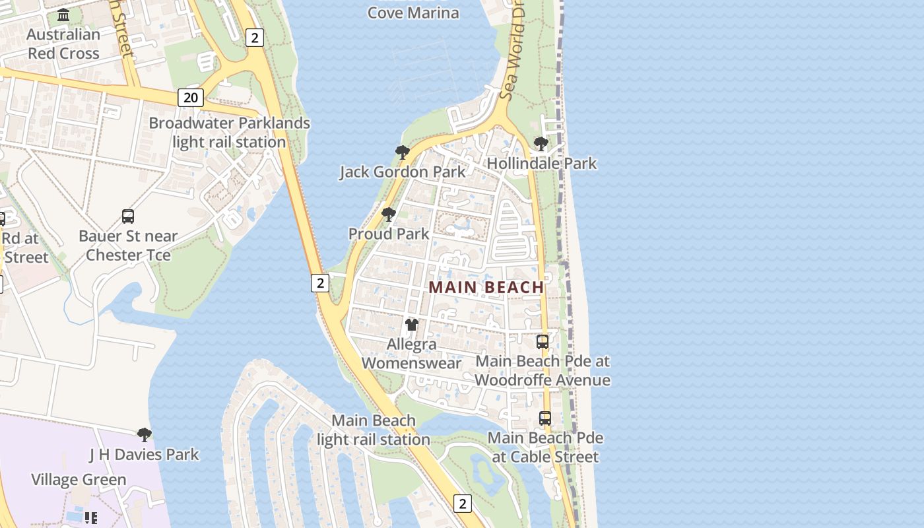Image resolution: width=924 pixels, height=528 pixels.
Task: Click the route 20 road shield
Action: coord(190,98)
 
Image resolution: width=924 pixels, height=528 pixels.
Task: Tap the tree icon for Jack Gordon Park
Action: coord(402,152)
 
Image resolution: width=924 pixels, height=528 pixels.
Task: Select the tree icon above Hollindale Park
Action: coord(541,143)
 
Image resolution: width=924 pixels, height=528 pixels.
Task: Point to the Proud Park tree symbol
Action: coord(389,214)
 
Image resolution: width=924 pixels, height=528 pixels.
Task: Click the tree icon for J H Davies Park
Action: coord(145,434)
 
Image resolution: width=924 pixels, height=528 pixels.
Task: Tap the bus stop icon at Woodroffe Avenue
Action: coord(543,342)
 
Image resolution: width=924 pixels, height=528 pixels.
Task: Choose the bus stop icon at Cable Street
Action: coord(545,418)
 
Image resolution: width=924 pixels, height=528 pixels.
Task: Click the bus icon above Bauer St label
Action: coord(128,216)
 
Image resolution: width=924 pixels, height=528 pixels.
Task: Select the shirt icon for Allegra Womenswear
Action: coord(412,324)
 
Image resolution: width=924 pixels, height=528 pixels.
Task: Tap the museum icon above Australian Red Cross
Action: coord(63,15)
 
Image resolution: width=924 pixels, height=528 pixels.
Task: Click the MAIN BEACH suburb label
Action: coord(486,287)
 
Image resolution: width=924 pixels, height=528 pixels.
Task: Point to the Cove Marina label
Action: coord(413,13)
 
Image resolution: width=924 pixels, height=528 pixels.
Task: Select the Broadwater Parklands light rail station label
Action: coord(229,133)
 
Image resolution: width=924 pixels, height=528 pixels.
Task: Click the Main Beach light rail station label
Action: coord(374,430)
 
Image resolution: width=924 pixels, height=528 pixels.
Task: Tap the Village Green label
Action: coord(79,480)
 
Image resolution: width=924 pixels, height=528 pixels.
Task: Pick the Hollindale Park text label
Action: coord(542,163)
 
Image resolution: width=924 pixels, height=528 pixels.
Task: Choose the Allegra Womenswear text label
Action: coord(411,354)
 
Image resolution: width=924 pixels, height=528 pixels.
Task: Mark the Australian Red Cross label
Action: coord(63,44)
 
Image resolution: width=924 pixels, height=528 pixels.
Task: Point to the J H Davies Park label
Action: coord(144,454)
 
